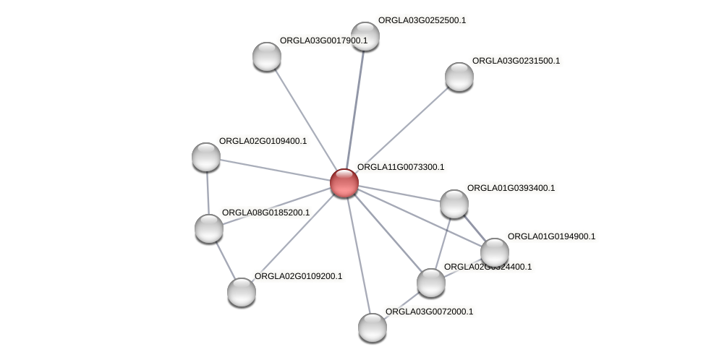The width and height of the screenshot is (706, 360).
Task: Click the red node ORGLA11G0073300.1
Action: (344, 183)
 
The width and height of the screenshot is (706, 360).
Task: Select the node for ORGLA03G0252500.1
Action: (365, 36)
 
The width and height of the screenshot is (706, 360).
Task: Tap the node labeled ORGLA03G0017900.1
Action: (266, 56)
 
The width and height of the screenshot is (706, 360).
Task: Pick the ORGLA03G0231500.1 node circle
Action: (459, 77)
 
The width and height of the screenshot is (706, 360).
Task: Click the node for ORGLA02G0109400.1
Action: (206, 157)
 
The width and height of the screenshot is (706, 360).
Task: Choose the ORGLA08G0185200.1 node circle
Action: (209, 228)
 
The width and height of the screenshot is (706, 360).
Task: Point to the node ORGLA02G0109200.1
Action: (242, 292)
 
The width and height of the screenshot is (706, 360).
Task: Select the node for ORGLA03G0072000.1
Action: (373, 327)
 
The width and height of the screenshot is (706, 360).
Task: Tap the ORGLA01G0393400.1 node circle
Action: (454, 204)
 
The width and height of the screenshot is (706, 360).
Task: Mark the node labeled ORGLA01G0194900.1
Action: (495, 252)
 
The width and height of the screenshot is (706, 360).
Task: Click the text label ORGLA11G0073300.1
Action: (401, 168)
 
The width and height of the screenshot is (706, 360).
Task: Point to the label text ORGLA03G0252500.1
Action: (422, 21)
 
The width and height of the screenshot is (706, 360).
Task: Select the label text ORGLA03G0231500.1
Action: (516, 61)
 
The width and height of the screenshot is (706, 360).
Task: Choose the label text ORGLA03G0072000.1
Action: (429, 312)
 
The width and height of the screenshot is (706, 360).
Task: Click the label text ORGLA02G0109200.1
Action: (298, 277)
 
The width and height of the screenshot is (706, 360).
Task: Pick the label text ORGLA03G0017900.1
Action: (323, 41)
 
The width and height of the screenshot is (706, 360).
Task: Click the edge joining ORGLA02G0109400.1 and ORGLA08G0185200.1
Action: (208, 192)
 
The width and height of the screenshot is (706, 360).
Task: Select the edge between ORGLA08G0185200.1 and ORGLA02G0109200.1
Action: (225, 260)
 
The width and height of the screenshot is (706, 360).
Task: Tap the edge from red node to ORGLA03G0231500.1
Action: (401, 129)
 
